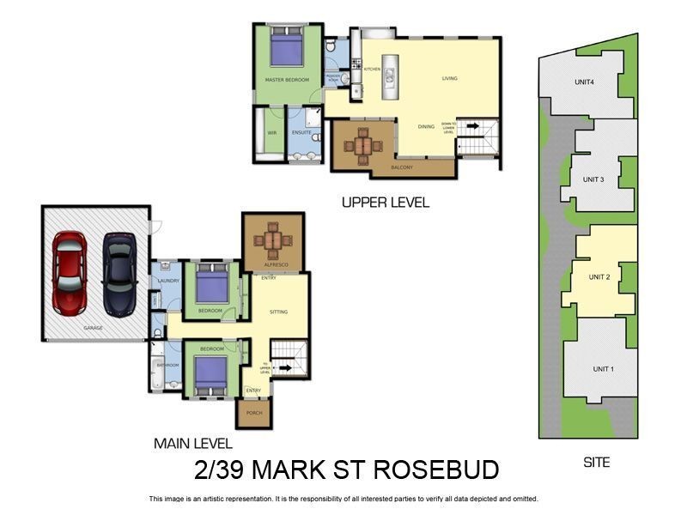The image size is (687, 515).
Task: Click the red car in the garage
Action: point(69,271)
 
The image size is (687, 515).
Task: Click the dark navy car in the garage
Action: point(119,274)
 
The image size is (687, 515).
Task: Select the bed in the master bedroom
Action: point(287,47)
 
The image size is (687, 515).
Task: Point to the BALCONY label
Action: point(402,167)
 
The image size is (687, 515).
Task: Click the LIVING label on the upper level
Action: point(450,78)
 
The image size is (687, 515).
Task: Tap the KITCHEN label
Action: point(372,69)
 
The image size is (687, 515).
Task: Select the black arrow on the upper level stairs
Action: point(473,126)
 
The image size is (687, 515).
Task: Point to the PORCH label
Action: point(253,412)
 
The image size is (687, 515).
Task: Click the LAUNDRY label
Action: point(167,280)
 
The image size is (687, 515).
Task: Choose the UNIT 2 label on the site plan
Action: point(599,277)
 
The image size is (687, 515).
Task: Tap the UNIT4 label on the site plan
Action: point(585,82)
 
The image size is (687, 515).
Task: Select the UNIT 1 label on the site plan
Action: point(604,369)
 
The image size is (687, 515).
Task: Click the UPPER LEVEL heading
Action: point(385,203)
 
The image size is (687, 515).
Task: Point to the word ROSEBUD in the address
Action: point(429,470)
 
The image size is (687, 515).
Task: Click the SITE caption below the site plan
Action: point(596,462)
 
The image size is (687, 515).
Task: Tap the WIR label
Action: point(271,133)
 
